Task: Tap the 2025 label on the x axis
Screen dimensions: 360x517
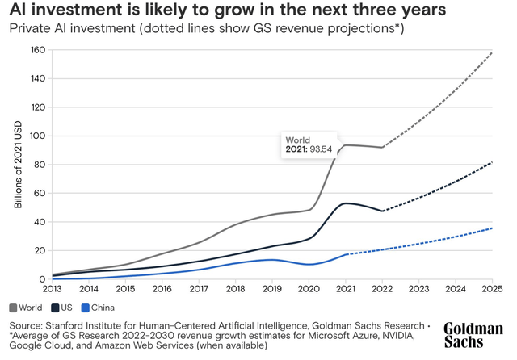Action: [492, 288]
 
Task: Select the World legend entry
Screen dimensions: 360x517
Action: [26, 308]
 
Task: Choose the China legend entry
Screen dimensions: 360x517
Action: [99, 308]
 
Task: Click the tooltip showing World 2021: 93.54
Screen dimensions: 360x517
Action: [308, 145]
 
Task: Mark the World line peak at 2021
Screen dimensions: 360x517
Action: [346, 145]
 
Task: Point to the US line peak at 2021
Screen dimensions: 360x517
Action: [346, 203]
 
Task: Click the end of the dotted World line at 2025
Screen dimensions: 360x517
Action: [492, 52]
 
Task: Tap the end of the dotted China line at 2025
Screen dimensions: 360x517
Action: [492, 228]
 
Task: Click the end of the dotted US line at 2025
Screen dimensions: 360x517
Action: [492, 162]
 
